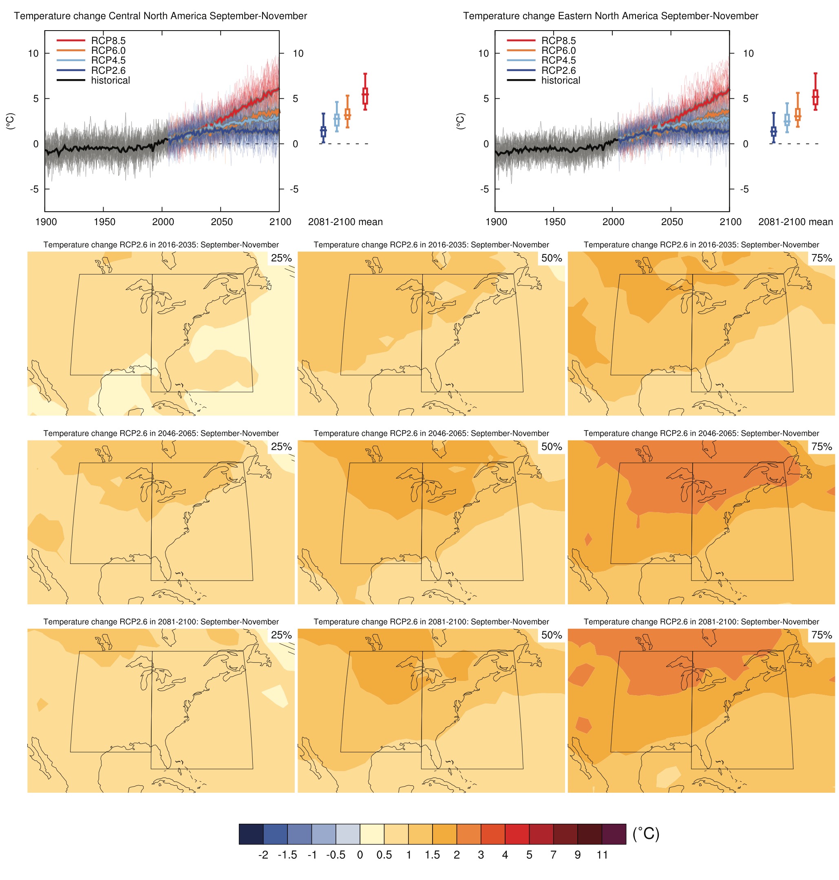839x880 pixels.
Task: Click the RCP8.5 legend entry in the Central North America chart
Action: (108, 41)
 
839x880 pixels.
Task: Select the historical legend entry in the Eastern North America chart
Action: (561, 80)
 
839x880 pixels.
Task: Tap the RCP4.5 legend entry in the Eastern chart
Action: (558, 60)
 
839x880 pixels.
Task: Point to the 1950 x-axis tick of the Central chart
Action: (104, 222)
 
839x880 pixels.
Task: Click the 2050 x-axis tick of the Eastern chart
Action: (672, 222)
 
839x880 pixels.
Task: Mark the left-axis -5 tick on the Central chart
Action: (34, 189)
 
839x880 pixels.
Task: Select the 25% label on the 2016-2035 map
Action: (281, 258)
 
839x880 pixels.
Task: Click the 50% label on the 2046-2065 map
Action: (551, 447)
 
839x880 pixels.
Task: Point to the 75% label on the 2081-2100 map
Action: (821, 635)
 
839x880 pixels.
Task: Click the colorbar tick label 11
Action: (602, 855)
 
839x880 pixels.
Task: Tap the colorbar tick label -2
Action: (263, 855)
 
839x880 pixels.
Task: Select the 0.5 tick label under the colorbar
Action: (384, 855)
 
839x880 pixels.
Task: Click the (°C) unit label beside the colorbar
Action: (645, 834)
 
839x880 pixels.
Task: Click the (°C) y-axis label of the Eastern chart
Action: (461, 121)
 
